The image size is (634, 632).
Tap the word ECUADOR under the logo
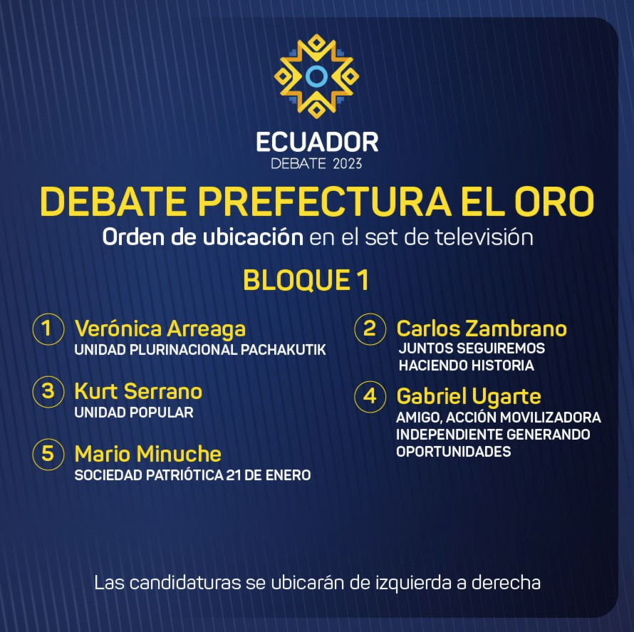point(317,142)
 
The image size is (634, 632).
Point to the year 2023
point(348,164)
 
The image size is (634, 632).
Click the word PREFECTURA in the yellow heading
point(324,202)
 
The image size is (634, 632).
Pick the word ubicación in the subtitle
point(253,237)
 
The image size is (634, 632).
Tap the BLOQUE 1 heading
point(306,280)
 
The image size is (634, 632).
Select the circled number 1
point(48,328)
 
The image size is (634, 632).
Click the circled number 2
point(370,328)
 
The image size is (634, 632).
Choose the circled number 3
point(48,391)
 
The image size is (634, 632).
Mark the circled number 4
point(370,396)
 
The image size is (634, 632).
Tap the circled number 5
point(48,454)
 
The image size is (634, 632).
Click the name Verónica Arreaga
point(160,329)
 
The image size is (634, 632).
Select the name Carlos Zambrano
point(482,328)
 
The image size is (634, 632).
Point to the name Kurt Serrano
point(138,391)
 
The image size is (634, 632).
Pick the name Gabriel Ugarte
point(469,397)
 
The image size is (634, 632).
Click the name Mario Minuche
point(148,454)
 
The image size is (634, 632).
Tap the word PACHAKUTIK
point(284,350)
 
